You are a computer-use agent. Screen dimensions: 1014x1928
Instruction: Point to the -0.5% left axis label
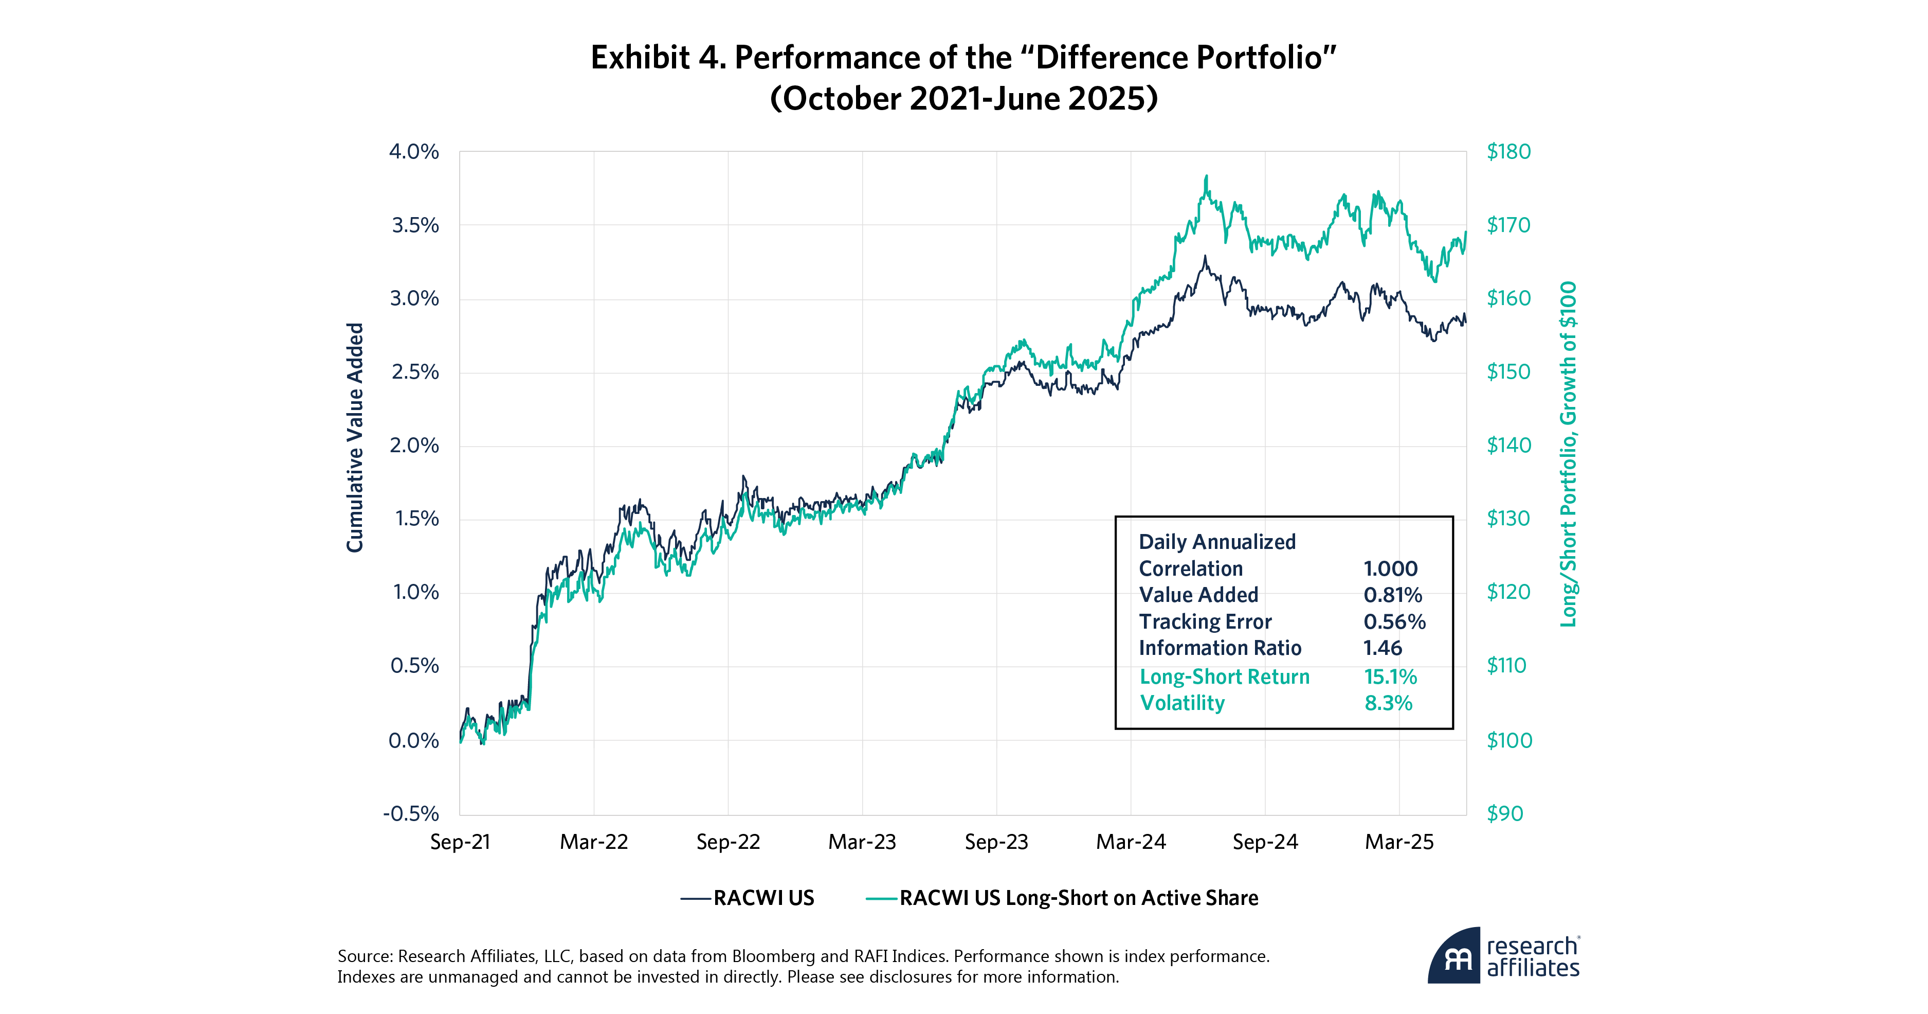coord(411,814)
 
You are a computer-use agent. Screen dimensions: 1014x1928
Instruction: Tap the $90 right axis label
coord(1504,814)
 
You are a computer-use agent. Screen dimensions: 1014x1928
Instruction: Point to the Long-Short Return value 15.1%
coord(1390,677)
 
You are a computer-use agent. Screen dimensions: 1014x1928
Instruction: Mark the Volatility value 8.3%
coord(1388,704)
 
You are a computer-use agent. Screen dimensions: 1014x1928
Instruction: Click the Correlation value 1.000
coord(1390,569)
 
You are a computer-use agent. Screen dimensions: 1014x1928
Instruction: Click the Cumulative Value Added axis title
coord(355,438)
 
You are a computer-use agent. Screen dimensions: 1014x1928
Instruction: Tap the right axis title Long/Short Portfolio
coord(1568,454)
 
